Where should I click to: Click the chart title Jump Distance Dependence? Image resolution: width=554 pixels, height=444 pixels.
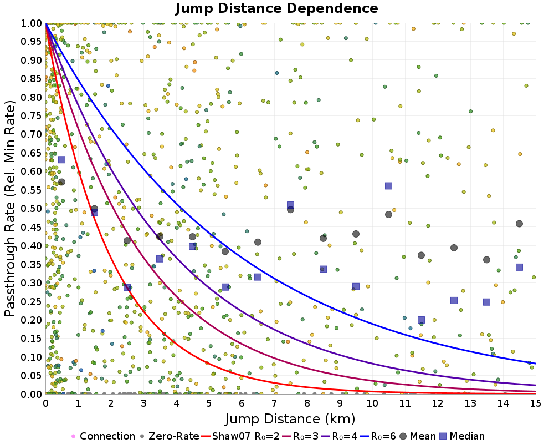(x=277, y=8)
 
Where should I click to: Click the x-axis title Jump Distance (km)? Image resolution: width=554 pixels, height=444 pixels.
(x=290, y=417)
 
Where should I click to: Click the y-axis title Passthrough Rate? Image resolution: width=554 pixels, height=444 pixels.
(x=11, y=208)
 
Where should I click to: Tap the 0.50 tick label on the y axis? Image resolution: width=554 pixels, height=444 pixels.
(x=32, y=209)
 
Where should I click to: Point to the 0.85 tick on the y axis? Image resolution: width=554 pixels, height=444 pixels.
(x=32, y=79)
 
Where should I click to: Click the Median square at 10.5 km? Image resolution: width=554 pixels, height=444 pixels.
(x=388, y=186)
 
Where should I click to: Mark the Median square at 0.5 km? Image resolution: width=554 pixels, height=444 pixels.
(x=61, y=160)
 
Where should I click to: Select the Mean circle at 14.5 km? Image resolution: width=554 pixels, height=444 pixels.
(x=519, y=224)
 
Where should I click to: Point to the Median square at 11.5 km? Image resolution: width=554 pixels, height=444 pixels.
(x=421, y=320)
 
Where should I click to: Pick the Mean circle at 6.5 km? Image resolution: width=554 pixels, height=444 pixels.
(x=258, y=242)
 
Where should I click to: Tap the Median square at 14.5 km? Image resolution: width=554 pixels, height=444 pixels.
(x=519, y=267)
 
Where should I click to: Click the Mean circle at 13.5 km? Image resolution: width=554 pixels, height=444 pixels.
(x=486, y=260)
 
